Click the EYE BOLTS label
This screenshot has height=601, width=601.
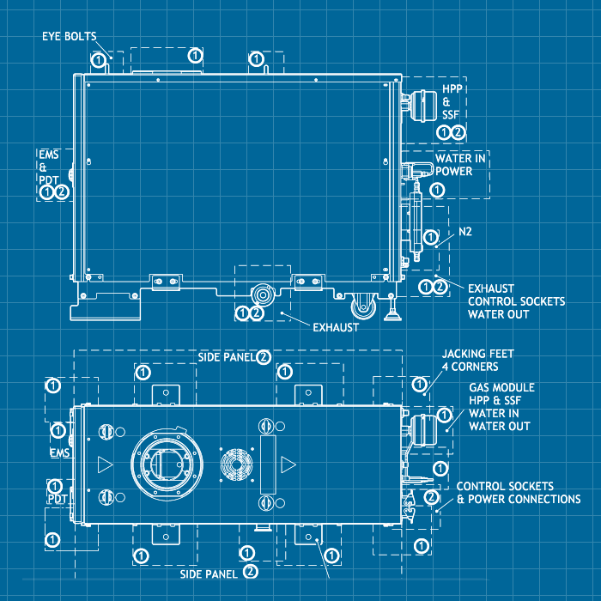[x=70, y=36]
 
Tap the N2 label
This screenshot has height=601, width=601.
[x=465, y=232]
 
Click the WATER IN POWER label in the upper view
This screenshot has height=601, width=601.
[x=460, y=165]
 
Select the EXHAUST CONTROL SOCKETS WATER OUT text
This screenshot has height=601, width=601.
[x=516, y=301]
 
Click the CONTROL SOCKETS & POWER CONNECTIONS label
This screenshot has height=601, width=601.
[x=518, y=493]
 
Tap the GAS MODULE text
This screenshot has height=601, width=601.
[x=501, y=388]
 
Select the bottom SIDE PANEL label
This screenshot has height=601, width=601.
[x=209, y=572]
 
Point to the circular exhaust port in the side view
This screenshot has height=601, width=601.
[x=262, y=295]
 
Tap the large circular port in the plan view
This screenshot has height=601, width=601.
[x=168, y=464]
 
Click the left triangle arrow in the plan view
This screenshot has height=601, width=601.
[x=105, y=464]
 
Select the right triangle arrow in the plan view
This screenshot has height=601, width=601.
[x=288, y=464]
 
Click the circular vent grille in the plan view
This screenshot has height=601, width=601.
[x=234, y=464]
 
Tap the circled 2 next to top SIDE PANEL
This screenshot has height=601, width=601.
[x=264, y=356]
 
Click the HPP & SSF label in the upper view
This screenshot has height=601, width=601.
[x=452, y=102]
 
